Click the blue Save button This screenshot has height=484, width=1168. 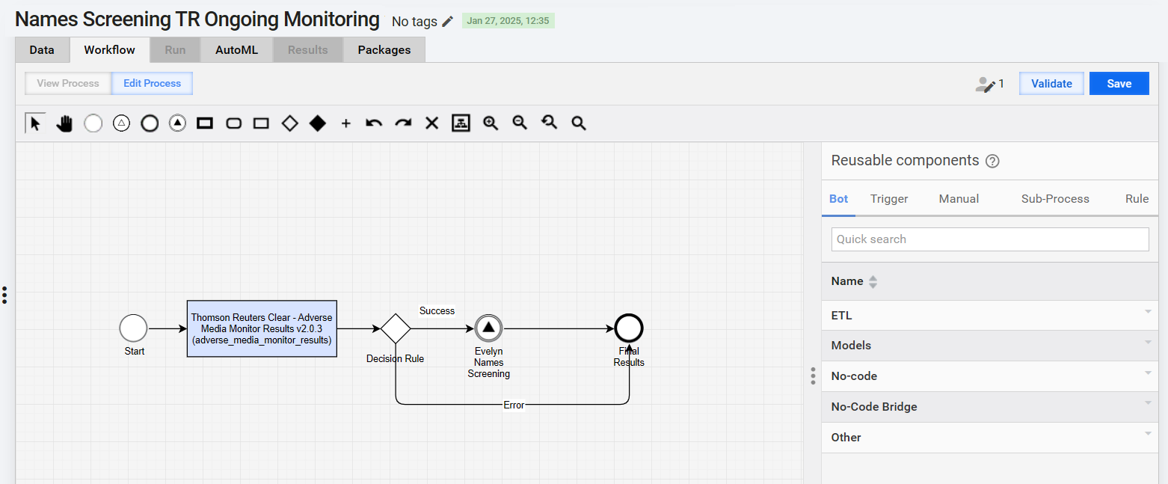1119,84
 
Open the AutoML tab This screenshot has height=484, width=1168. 237,50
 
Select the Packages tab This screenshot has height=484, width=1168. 384,50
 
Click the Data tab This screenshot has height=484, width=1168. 42,50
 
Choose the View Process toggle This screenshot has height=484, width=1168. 68,84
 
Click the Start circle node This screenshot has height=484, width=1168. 134,328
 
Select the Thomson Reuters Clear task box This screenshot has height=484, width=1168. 262,328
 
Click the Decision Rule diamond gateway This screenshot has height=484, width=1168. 396,328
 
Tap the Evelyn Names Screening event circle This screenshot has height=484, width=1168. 488,328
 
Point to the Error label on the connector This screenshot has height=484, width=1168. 514,405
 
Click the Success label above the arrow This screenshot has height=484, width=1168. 437,311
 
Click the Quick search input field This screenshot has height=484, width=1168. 990,239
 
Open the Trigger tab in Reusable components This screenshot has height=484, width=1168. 889,199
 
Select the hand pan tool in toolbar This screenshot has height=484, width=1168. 64,123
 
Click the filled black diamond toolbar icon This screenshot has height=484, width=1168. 318,123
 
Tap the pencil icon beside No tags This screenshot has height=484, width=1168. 447,22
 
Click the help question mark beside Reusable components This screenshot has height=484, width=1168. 992,161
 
